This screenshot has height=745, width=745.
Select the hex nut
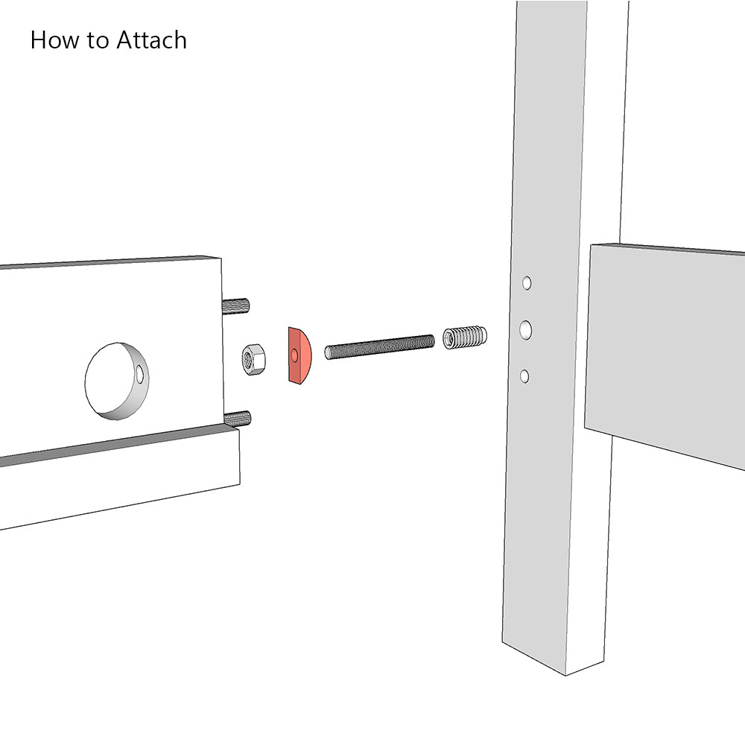254,360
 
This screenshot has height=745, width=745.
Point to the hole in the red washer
294,356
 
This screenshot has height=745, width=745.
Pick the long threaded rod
380,346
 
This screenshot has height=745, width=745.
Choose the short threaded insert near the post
465,337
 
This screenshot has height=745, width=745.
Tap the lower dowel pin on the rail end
238,418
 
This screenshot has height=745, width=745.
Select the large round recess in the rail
116,380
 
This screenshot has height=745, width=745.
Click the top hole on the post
527,283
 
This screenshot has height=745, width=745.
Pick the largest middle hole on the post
526,329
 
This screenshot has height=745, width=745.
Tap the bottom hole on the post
524,376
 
